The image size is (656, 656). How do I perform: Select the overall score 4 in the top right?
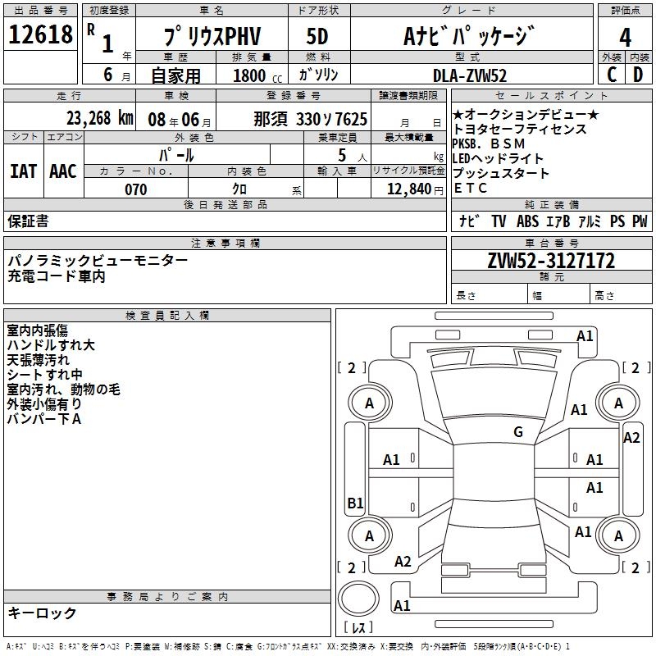click(x=625, y=37)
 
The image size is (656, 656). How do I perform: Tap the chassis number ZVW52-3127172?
click(x=551, y=261)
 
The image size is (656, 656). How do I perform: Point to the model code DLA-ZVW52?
click(x=470, y=75)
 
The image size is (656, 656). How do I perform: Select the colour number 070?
click(x=135, y=189)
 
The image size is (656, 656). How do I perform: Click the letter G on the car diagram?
click(x=518, y=432)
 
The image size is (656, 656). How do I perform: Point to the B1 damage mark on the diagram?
click(x=355, y=503)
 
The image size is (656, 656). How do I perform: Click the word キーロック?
click(x=42, y=613)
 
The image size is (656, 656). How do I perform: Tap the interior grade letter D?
click(x=638, y=75)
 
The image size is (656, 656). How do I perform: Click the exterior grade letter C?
click(x=612, y=75)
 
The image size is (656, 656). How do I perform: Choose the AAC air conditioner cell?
click(x=63, y=171)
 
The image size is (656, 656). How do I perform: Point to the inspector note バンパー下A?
click(x=44, y=419)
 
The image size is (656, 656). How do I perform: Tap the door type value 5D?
click(x=317, y=36)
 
